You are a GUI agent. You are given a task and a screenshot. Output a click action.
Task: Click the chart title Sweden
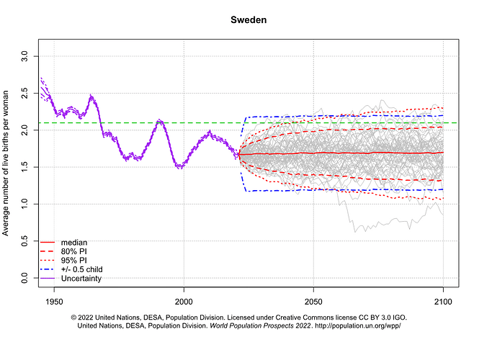(249, 20)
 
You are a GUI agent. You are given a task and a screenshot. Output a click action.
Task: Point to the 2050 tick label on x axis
(313, 300)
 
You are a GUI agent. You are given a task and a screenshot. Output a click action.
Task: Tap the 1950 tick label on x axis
(54, 300)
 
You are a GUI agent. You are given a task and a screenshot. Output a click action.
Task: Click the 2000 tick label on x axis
(184, 300)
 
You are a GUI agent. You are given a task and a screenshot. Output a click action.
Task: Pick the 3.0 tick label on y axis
(25, 55)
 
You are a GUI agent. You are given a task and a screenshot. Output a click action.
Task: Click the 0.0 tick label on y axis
(25, 277)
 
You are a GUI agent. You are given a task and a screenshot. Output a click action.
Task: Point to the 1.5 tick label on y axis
(25, 166)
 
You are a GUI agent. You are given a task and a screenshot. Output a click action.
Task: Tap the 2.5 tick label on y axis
(25, 92)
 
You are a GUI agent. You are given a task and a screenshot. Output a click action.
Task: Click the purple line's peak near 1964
(91, 96)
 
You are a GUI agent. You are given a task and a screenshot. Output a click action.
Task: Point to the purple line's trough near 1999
(181, 166)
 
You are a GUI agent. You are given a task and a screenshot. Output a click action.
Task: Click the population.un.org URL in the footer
(358, 326)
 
